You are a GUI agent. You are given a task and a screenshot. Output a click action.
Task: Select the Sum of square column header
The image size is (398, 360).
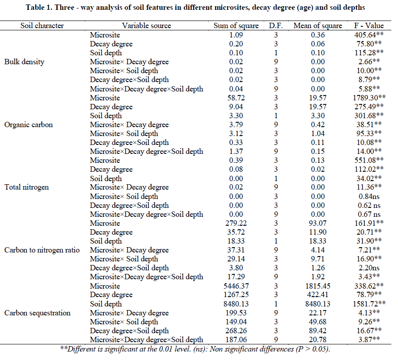pyautogui.click(x=236, y=25)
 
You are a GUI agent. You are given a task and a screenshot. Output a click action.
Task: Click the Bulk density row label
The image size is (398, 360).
pyautogui.click(x=24, y=62)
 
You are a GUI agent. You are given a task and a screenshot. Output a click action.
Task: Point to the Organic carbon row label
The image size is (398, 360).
pyautogui.click(x=28, y=124)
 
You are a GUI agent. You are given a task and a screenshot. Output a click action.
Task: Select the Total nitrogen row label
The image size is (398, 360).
pyautogui.click(x=26, y=187)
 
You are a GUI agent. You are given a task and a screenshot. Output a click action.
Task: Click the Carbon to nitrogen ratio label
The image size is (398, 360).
pyautogui.click(x=42, y=250)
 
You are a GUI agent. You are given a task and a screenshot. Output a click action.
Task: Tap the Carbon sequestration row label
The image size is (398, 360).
pyautogui.click(x=36, y=313)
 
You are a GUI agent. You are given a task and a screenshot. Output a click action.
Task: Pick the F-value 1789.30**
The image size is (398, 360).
pyautogui.click(x=365, y=98)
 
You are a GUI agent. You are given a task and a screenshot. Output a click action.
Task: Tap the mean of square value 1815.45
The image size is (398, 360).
pyautogui.click(x=317, y=286)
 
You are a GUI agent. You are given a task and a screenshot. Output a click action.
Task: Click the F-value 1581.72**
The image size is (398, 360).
pyautogui.click(x=365, y=304)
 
